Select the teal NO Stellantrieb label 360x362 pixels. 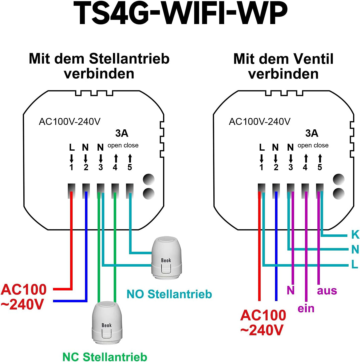click(169, 294)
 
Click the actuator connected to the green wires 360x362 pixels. click(107, 324)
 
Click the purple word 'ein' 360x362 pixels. click(306, 308)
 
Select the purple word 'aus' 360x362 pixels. click(327, 290)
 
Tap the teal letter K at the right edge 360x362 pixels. click(355, 235)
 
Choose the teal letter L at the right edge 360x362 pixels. click(355, 265)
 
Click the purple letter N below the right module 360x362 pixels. click(291, 290)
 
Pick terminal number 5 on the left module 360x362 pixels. click(130, 167)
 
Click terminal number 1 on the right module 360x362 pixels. click(261, 167)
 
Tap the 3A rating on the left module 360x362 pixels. click(121, 133)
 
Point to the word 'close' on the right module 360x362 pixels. click(320, 145)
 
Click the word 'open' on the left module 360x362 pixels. click(115, 145)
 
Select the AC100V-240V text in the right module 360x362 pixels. click(259, 122)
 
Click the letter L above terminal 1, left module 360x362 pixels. click(71, 147)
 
